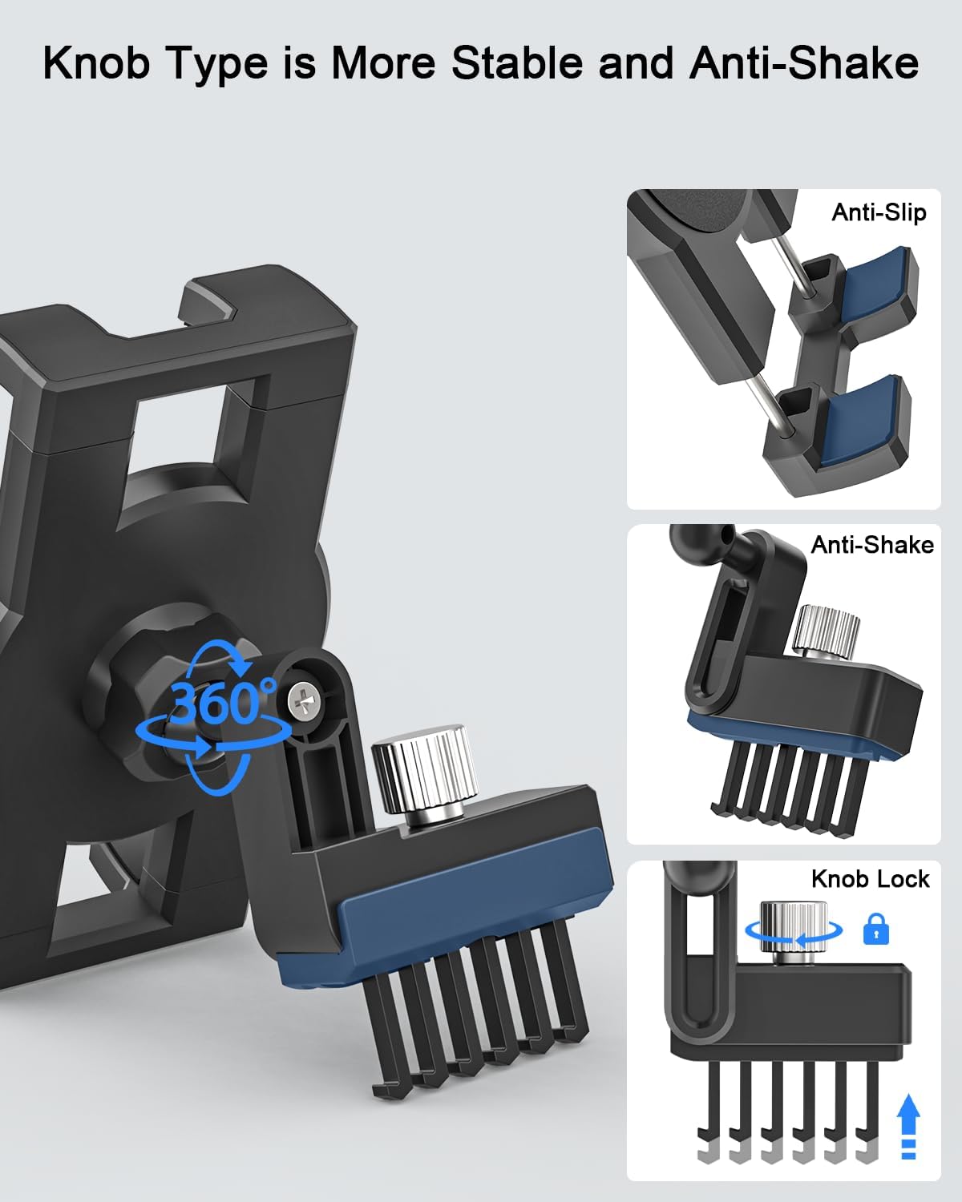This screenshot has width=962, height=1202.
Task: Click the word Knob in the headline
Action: [x=97, y=63]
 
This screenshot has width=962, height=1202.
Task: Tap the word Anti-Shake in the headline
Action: [x=804, y=63]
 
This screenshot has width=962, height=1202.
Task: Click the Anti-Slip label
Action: [x=879, y=213]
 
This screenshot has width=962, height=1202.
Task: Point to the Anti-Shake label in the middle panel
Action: [x=872, y=545]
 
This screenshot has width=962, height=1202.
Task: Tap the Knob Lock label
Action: [x=871, y=878]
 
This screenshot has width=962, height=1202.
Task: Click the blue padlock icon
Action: [x=876, y=930]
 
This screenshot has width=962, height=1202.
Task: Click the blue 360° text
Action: [x=222, y=703]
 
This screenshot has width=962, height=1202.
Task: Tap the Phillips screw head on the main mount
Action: [x=305, y=701]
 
